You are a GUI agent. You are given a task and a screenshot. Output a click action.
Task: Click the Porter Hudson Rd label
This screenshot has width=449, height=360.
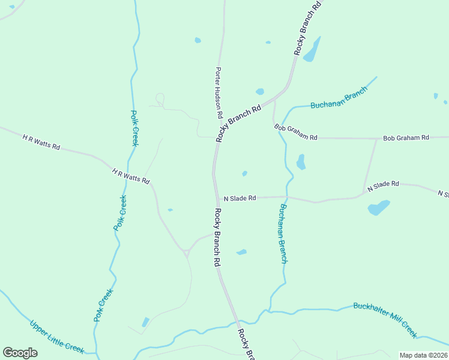[x=219, y=92]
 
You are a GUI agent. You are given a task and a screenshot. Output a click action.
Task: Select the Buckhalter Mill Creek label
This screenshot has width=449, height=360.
[x=385, y=319]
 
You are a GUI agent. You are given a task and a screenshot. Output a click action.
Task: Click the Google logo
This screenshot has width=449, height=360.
[x=20, y=352]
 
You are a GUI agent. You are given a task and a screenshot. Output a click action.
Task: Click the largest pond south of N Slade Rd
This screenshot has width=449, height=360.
[x=378, y=208]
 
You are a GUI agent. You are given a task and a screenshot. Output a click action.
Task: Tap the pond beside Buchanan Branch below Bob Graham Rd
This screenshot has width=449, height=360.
[x=301, y=162]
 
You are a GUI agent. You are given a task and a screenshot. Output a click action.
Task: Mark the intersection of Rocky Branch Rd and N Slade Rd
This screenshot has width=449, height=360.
[x=217, y=198]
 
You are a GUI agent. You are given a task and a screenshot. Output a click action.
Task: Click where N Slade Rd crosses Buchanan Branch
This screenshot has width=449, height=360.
[x=287, y=197]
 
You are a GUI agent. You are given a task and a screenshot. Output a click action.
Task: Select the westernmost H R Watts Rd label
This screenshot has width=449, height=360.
[x=41, y=142]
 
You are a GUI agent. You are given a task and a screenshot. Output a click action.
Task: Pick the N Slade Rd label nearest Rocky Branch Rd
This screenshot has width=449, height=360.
[x=240, y=198]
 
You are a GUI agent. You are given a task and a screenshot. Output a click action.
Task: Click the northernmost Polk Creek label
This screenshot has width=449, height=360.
[x=135, y=128]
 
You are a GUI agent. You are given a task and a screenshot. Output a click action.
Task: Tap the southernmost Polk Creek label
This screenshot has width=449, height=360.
[x=103, y=305]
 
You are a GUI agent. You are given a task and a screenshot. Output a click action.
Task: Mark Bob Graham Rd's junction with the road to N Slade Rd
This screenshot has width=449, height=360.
[x=377, y=139]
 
